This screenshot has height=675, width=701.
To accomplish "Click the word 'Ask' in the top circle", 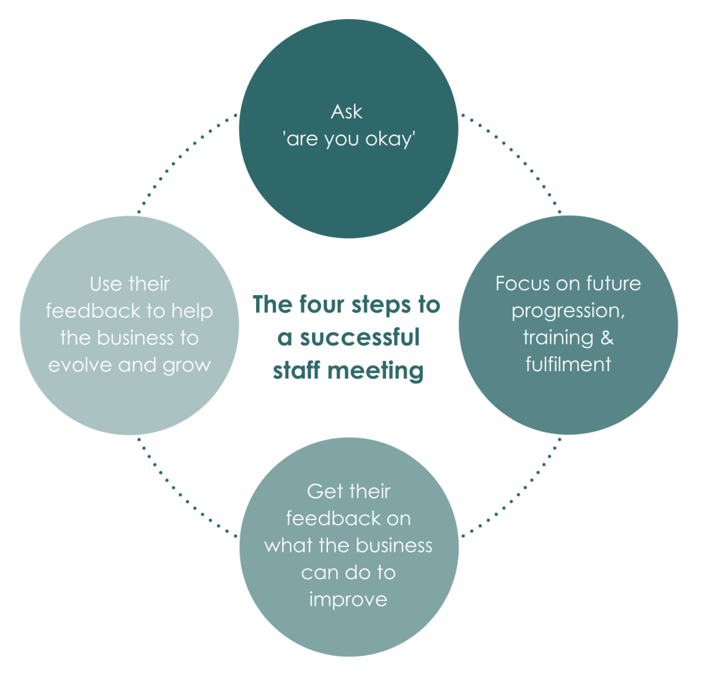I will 348,112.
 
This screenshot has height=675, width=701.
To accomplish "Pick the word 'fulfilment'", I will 568,364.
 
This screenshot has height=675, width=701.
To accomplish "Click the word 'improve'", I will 348,599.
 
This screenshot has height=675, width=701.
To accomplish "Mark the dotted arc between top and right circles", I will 518,155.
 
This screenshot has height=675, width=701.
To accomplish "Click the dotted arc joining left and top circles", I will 179,155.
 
